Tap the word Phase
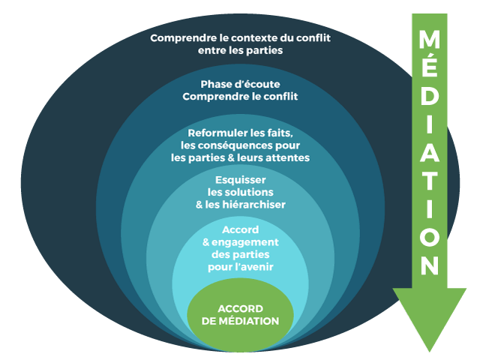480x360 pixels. point(217,83)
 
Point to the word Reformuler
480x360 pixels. point(218,133)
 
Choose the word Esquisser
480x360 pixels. point(240,180)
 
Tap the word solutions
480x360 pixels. point(252,192)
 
